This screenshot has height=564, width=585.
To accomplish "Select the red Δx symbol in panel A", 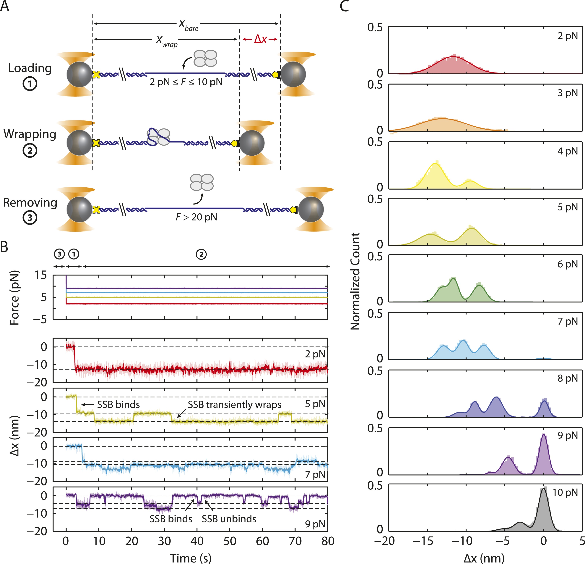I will click(x=260, y=39).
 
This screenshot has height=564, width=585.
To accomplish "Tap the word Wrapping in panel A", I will click(x=30, y=134).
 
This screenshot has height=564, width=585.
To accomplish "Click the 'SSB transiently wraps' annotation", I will click(x=234, y=405).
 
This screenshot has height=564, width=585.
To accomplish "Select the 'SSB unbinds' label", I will click(x=229, y=519).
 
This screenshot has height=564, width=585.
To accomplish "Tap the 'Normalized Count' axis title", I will click(x=355, y=281).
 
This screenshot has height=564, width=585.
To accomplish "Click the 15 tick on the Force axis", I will click(x=41, y=275).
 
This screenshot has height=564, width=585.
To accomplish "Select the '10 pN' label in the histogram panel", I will click(x=565, y=492).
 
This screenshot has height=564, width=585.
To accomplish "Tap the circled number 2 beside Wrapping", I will click(x=30, y=151).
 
